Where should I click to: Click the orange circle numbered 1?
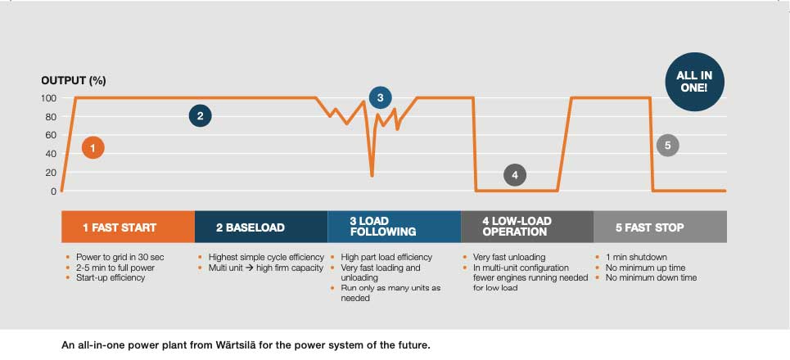[x=93, y=148]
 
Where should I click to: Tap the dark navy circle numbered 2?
[x=200, y=116]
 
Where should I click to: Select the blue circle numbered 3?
[x=380, y=97]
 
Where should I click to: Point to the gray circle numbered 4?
[x=514, y=174]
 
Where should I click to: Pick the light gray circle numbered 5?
[x=668, y=146]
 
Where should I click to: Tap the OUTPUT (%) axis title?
[x=74, y=80]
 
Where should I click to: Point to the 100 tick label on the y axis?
[x=48, y=98]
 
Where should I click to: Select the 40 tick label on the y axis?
[x=52, y=154]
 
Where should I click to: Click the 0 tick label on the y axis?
[x=54, y=191]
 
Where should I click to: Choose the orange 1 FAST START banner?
[x=129, y=227]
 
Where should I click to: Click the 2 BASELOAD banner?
[x=261, y=227]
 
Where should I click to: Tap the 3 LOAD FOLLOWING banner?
[x=394, y=227]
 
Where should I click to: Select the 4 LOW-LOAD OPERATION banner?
[x=527, y=227]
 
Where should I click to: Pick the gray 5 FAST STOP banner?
[x=660, y=227]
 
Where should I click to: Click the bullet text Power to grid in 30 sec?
[x=115, y=257]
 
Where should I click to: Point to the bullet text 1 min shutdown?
[x=636, y=257]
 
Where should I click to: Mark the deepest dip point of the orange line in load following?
[x=372, y=176]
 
